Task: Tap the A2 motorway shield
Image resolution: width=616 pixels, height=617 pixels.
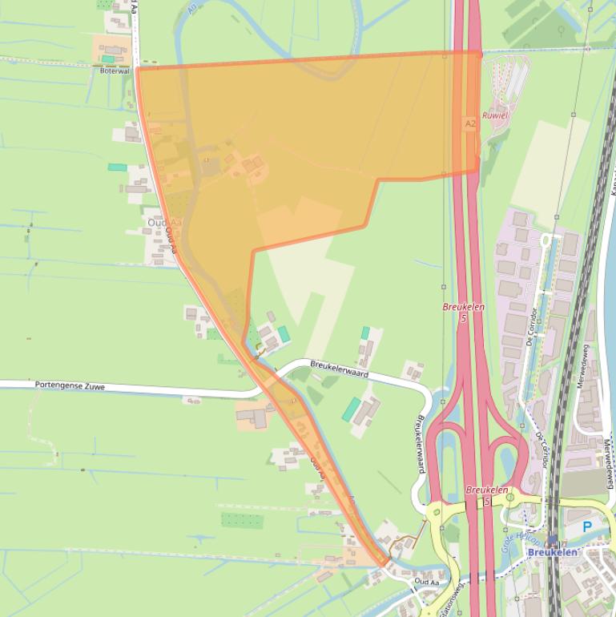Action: pyautogui.click(x=469, y=123)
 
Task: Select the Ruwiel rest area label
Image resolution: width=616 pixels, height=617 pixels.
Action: pyautogui.click(x=495, y=115)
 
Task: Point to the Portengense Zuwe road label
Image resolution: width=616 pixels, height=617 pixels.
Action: pyautogui.click(x=70, y=385)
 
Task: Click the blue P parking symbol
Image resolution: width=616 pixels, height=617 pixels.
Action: pyautogui.click(x=587, y=527)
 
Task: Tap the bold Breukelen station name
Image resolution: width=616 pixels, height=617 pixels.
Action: pyautogui.click(x=553, y=552)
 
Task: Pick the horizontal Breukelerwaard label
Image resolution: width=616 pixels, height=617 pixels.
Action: pyautogui.click(x=340, y=368)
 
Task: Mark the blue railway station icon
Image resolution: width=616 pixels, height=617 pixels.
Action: pyautogui.click(x=553, y=540)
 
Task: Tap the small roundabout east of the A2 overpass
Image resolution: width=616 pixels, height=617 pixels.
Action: pyautogui.click(x=509, y=497)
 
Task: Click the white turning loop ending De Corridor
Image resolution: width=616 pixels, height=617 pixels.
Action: pyautogui.click(x=550, y=238)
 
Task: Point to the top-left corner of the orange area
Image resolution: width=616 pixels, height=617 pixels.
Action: pyautogui.click(x=137, y=69)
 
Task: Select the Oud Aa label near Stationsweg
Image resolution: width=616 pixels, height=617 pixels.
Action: pyautogui.click(x=427, y=582)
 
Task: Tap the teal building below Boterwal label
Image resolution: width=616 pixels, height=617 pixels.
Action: pyautogui.click(x=107, y=59)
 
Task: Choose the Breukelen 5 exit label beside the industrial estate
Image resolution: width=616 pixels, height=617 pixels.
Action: pyautogui.click(x=464, y=313)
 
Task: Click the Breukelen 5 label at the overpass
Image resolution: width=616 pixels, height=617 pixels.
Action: pyautogui.click(x=486, y=495)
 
